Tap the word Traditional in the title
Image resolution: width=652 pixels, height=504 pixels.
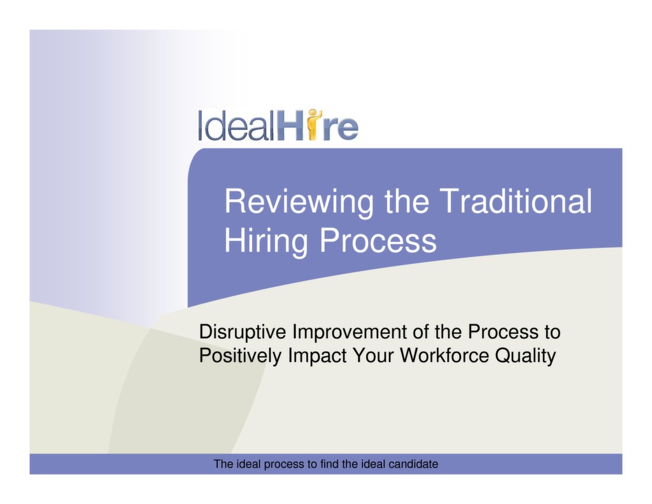click(x=516, y=201)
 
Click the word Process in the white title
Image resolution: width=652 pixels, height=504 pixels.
click(x=378, y=241)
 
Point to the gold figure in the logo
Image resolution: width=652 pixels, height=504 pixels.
click(x=313, y=124)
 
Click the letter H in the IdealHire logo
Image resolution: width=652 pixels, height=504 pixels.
click(x=290, y=126)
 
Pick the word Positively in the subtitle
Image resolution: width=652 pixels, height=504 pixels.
click(x=240, y=356)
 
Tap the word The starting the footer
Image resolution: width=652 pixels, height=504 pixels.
click(x=223, y=464)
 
